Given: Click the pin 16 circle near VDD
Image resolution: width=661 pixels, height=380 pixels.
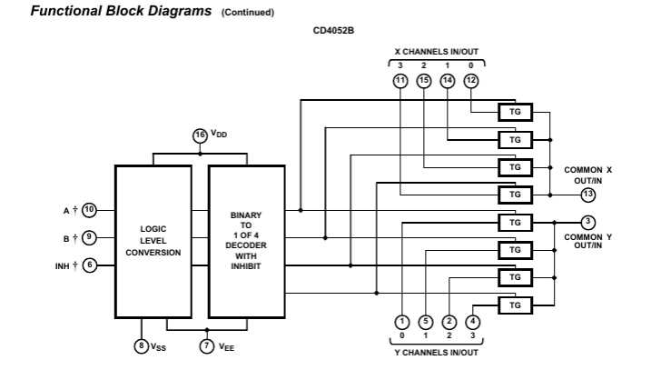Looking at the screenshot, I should [200, 135].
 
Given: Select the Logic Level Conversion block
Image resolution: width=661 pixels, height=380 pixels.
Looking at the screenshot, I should [153, 240].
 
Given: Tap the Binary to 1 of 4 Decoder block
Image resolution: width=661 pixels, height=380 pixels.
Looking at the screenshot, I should [246, 240].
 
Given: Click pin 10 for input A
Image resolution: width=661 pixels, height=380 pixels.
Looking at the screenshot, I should [89, 210].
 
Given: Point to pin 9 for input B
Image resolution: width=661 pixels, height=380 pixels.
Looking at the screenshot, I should [89, 237].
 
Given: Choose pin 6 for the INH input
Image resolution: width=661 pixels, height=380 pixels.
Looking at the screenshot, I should [89, 265].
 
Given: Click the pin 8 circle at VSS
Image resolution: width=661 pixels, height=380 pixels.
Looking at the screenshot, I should [141, 345].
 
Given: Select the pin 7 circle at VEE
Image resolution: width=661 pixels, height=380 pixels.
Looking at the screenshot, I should [207, 345].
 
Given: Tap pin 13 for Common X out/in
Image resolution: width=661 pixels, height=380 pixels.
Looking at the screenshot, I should [588, 194].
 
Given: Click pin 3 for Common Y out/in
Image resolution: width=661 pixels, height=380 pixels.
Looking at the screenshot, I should [588, 222].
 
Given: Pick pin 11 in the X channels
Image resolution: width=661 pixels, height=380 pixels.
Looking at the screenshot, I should [400, 81].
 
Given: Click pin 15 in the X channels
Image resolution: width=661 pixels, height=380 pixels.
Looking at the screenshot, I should [424, 81].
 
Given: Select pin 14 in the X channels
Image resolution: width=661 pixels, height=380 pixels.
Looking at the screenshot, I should [448, 81].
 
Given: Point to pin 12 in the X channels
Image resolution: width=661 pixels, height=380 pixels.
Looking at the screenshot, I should [471, 81].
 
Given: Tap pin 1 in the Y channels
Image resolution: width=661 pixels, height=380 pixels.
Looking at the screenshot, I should [400, 321].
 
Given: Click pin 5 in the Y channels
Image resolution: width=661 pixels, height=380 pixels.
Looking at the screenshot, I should [424, 321].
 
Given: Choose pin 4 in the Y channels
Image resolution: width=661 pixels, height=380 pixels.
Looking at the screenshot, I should [472, 321].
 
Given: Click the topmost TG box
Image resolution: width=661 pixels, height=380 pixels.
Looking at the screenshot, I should [515, 112].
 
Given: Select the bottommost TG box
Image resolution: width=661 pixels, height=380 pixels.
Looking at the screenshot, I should [515, 305].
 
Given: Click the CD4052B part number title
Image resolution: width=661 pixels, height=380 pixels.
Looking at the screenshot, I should [333, 30].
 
